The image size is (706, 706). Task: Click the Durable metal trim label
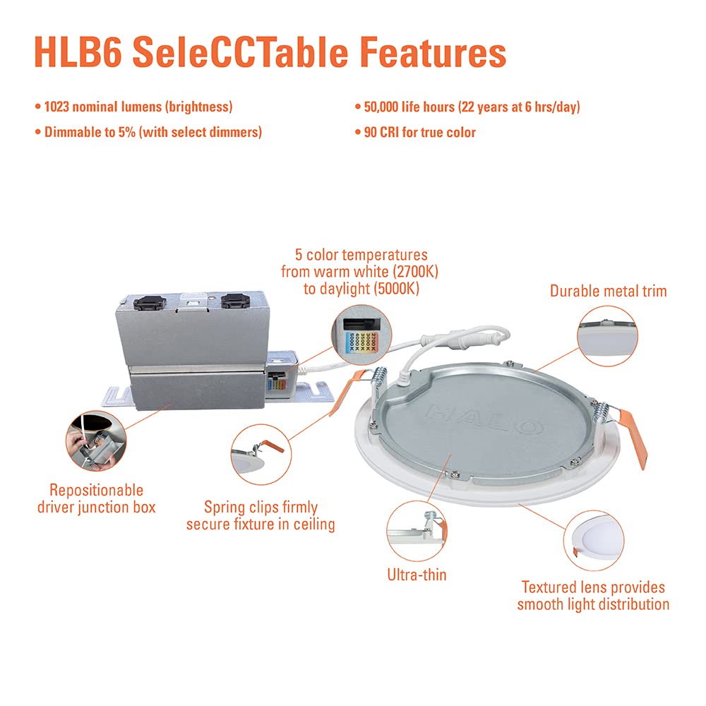(608, 290)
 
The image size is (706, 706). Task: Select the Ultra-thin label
(417, 575)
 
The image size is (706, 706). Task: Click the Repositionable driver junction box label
(96, 498)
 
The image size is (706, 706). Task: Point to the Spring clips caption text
(261, 515)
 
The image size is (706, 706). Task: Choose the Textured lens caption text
(593, 595)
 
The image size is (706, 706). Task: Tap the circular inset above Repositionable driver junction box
(96, 442)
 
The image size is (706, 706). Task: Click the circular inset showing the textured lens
(594, 542)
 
